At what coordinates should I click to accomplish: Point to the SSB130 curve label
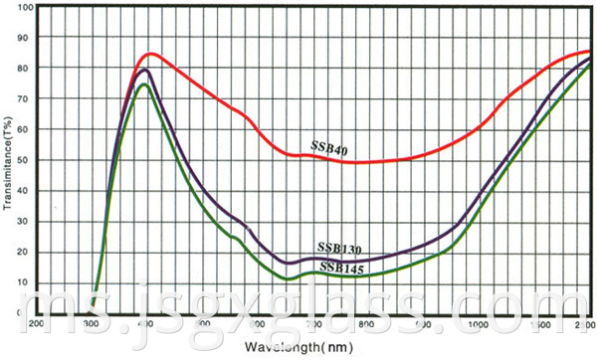coord(340,247)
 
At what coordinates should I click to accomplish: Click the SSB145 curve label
coord(340,267)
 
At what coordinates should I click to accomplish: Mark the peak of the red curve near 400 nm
coord(150,53)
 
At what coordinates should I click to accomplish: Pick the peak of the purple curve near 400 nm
coord(145,70)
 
